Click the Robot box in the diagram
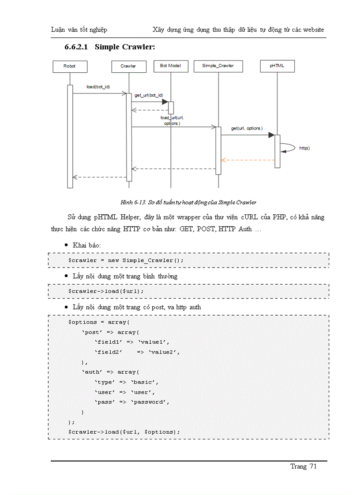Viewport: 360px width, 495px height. [x=69, y=66]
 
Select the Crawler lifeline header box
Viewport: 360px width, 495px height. [x=128, y=66]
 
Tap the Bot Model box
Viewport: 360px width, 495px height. [x=170, y=66]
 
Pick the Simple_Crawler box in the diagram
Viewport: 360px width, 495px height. [x=217, y=66]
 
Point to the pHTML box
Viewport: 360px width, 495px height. [x=277, y=66]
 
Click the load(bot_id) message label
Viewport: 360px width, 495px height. [x=98, y=87]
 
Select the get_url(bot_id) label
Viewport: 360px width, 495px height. [x=149, y=95]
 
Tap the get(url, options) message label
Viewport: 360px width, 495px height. [x=247, y=128]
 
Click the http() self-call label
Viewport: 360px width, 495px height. [x=304, y=149]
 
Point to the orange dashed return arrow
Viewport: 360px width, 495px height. [x=247, y=160]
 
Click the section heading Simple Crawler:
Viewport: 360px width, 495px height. [x=125, y=47]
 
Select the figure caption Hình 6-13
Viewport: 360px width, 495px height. [x=188, y=202]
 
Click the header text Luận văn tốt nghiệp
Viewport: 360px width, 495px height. [x=79, y=30]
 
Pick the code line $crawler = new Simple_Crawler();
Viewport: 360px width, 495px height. [x=126, y=261]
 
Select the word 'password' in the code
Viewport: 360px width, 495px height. [x=150, y=402]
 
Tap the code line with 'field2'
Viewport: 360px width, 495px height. [x=137, y=352]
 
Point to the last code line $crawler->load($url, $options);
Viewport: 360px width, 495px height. [x=124, y=432]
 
